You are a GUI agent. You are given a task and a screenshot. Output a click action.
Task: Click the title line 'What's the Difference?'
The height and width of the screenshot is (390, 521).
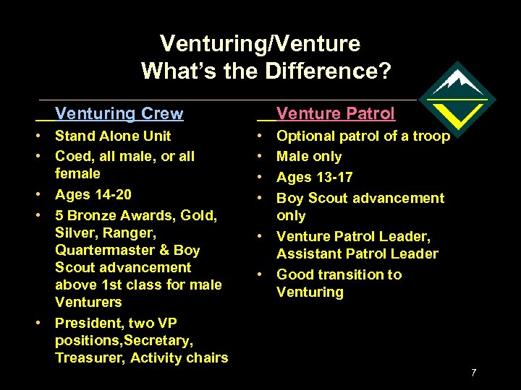coord(266,71)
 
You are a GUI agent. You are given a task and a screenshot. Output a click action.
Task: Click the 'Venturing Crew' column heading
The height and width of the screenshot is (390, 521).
coord(119,113)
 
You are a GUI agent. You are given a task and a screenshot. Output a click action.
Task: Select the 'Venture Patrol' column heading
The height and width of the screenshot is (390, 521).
coord(336,113)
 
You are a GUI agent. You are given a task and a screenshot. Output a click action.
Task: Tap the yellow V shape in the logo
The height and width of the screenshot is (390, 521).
coord(457,114)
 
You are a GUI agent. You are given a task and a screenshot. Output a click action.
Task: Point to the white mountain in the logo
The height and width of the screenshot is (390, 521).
coord(456,81)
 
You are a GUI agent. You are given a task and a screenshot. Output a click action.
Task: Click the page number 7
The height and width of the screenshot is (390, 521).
coord(473,373)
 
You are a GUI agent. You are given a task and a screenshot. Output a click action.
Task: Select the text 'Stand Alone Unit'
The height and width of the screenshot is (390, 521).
coord(113,136)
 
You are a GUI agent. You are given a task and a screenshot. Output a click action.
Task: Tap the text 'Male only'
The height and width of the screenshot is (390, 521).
coord(309,156)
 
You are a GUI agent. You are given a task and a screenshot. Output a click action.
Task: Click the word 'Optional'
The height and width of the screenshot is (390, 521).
coord(305,136)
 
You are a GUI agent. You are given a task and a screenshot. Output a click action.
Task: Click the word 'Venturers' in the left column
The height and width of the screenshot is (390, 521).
coord(88,302)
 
